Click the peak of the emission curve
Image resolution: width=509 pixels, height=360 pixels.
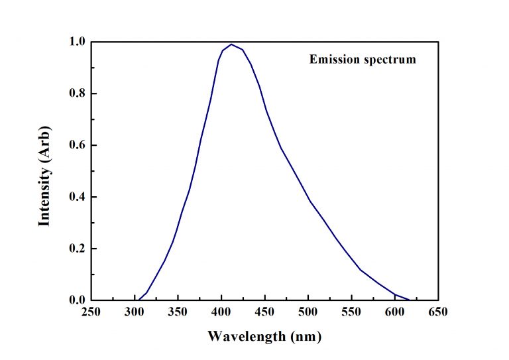click(231, 44)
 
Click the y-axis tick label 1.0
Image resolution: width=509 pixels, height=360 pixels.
click(78, 42)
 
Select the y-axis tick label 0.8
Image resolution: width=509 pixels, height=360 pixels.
click(78, 93)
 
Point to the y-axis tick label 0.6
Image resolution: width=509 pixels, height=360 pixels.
click(78, 145)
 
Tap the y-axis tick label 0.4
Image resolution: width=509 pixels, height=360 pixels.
click(78, 197)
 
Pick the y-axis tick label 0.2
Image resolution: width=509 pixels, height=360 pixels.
click(78, 249)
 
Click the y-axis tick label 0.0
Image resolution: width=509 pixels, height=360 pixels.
click(78, 300)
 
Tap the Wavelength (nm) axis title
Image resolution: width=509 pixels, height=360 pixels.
click(264, 336)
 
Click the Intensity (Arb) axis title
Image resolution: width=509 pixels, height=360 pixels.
click(45, 172)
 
